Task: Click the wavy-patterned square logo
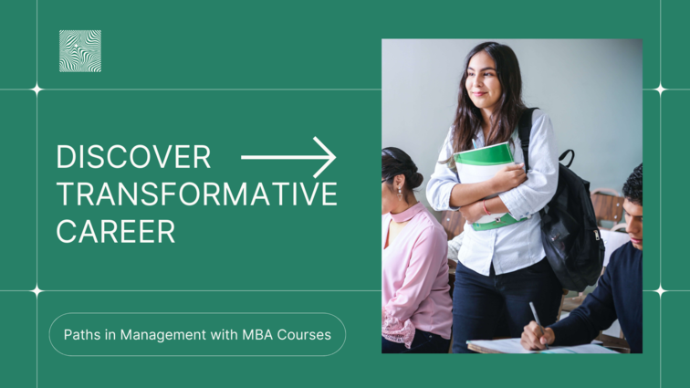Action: click(x=80, y=51)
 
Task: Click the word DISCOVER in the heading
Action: click(x=133, y=157)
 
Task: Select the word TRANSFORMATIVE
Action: click(x=197, y=194)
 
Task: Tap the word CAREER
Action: click(x=116, y=231)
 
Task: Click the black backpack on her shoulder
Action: click(x=568, y=215)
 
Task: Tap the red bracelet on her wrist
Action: click(x=486, y=207)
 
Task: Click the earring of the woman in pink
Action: click(x=400, y=193)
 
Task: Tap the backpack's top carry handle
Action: click(x=567, y=157)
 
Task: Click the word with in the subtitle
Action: click(x=224, y=335)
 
